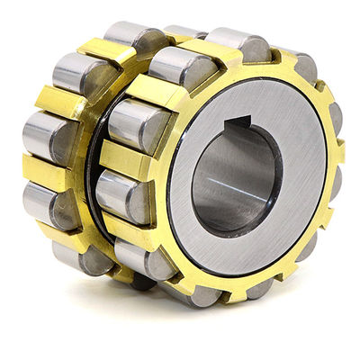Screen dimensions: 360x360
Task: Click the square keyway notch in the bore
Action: point(238,124)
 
